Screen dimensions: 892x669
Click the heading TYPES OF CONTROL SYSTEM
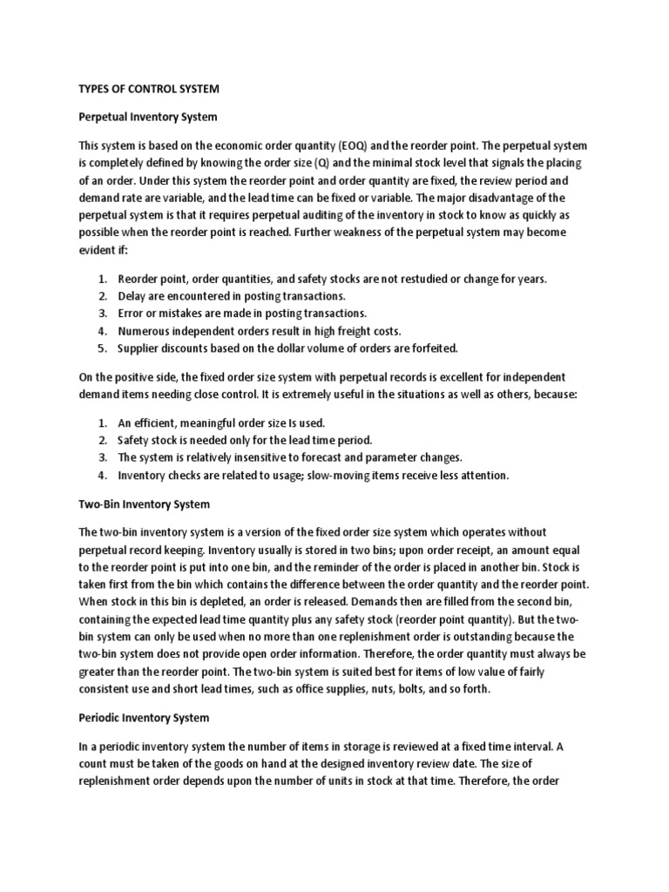pos(150,88)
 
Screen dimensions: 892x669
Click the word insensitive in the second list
pos(254,457)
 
